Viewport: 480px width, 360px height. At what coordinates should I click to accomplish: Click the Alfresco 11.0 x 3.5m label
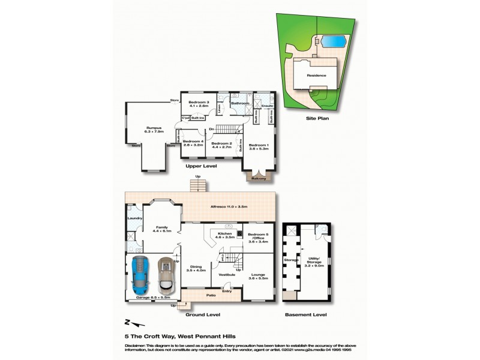click(x=229, y=207)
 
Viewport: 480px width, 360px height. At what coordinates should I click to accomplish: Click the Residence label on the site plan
click(x=316, y=76)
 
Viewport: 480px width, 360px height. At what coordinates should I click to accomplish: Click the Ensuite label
click(x=267, y=106)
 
